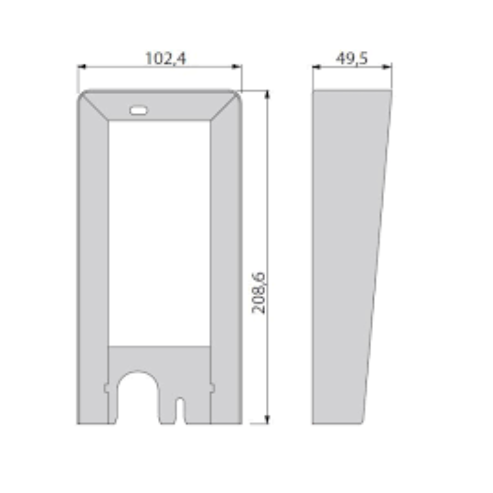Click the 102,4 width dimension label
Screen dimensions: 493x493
(x=165, y=58)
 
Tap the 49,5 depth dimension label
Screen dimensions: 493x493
(x=352, y=59)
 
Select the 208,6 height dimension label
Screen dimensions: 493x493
(x=259, y=293)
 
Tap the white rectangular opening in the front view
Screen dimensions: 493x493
(x=159, y=232)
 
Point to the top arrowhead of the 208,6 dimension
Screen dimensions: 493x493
(x=267, y=94)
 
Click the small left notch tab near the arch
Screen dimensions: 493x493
(x=106, y=388)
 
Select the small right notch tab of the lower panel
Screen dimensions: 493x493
(x=212, y=388)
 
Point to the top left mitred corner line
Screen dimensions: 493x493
(x=96, y=106)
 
